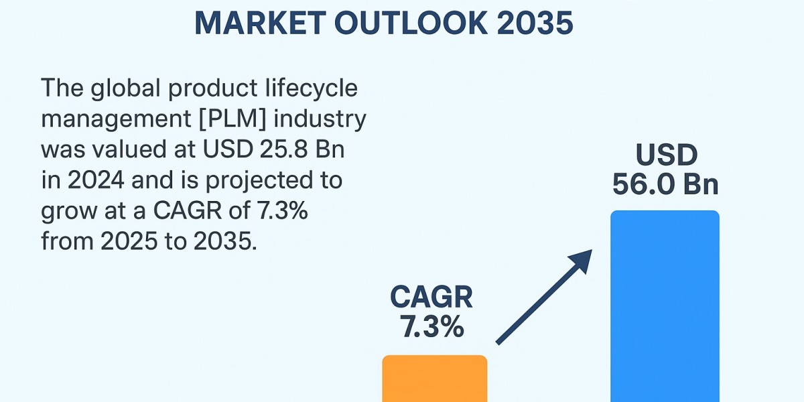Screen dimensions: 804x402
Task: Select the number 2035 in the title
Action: (535, 23)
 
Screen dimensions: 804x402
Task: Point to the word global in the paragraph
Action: (125, 88)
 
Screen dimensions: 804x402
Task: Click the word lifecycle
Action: (312, 88)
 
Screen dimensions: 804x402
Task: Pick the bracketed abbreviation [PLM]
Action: (232, 119)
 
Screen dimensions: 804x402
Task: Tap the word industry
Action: (320, 119)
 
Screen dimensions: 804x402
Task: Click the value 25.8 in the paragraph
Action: (283, 149)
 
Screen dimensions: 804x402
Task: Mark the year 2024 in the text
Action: (96, 180)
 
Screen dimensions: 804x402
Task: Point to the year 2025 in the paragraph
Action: (129, 241)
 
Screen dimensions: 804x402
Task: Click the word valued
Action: (129, 149)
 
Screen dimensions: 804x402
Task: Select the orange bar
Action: (435, 379)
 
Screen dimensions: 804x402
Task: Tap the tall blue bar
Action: (665, 306)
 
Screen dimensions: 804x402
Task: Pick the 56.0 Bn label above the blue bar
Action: (665, 184)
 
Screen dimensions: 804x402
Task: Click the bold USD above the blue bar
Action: (667, 155)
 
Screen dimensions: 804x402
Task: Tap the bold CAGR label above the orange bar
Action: (431, 297)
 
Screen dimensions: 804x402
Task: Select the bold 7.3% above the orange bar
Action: (431, 327)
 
